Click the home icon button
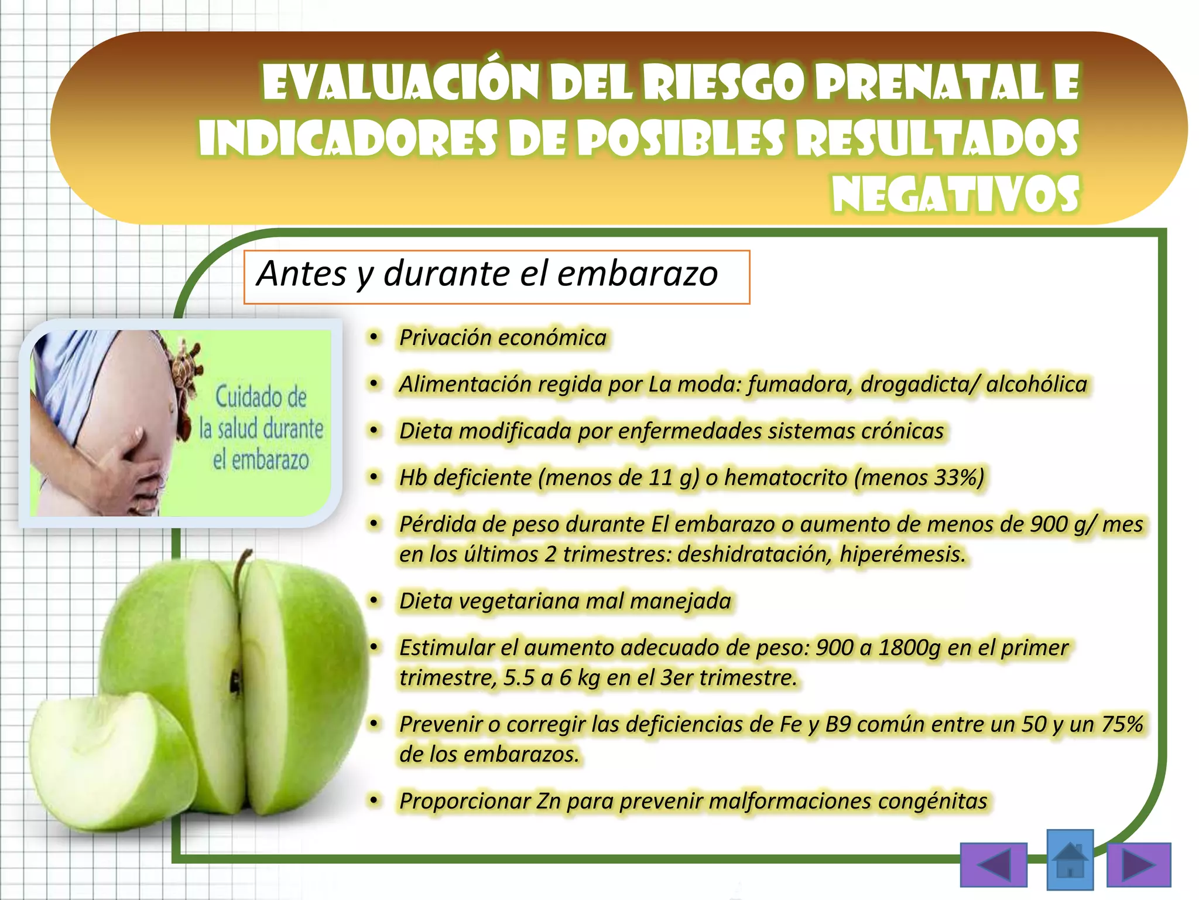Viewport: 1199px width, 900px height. coord(1070,859)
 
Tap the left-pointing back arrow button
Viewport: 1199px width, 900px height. coord(994,865)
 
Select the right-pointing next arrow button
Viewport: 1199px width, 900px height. coord(1138,865)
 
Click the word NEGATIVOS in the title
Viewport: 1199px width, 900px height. coord(955,193)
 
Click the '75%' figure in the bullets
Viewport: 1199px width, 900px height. coord(1122,724)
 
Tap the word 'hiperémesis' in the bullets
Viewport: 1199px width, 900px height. coord(902,554)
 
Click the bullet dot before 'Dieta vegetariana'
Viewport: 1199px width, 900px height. coord(374,601)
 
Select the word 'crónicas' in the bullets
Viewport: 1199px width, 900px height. coord(902,431)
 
